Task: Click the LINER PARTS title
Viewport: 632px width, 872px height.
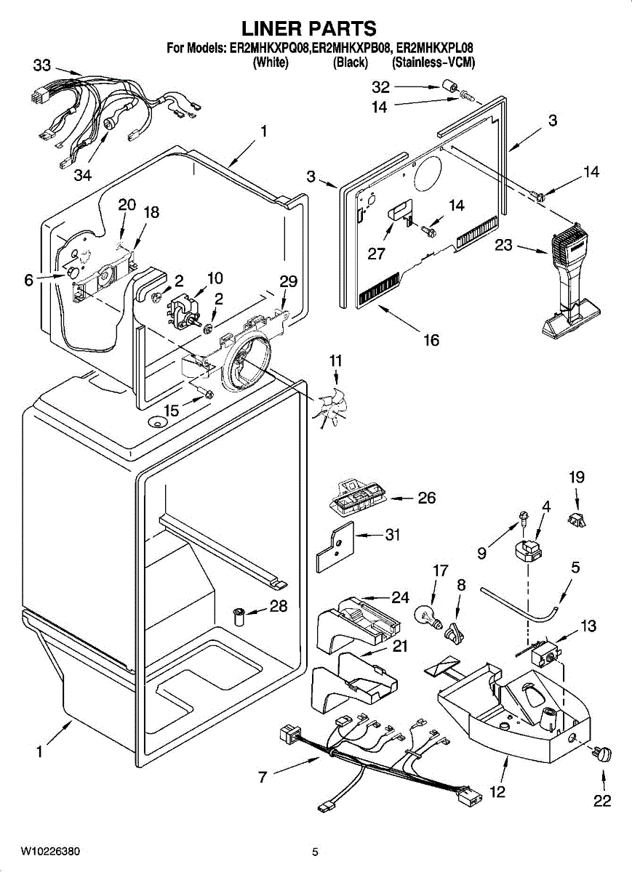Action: pos(309,28)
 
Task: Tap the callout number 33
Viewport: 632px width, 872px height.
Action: pos(41,65)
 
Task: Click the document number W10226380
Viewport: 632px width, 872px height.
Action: pos(50,851)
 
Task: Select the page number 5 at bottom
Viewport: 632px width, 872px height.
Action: pos(315,852)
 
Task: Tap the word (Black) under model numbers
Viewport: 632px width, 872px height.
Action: pos(350,63)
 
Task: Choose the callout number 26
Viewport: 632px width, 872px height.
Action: pos(426,498)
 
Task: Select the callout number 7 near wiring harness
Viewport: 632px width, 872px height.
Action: pos(262,777)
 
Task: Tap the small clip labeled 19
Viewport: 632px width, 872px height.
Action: pos(577,518)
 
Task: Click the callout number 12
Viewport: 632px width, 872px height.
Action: pos(497,791)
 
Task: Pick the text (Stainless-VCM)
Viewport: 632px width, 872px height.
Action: pos(433,63)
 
